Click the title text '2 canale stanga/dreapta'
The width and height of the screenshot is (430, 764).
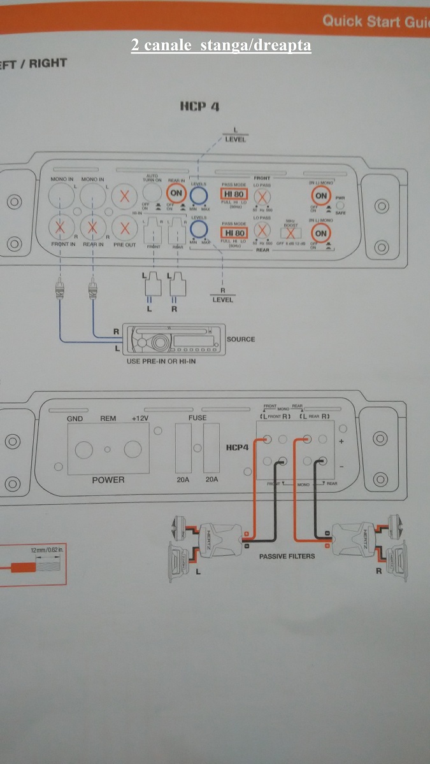point(221,46)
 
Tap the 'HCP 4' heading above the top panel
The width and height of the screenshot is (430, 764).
point(199,106)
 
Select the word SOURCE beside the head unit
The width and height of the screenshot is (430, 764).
point(241,339)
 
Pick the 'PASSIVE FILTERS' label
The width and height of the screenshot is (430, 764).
point(287,556)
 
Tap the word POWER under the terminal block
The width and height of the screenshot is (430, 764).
point(108,480)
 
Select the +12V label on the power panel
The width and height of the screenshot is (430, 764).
point(140,419)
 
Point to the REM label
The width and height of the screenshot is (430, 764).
point(108,419)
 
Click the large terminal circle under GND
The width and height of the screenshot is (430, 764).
point(83,450)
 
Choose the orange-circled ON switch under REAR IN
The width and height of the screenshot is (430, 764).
point(176,192)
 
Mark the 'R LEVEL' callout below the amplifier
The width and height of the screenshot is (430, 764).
point(222,296)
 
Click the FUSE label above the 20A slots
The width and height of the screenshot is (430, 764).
point(197,419)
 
